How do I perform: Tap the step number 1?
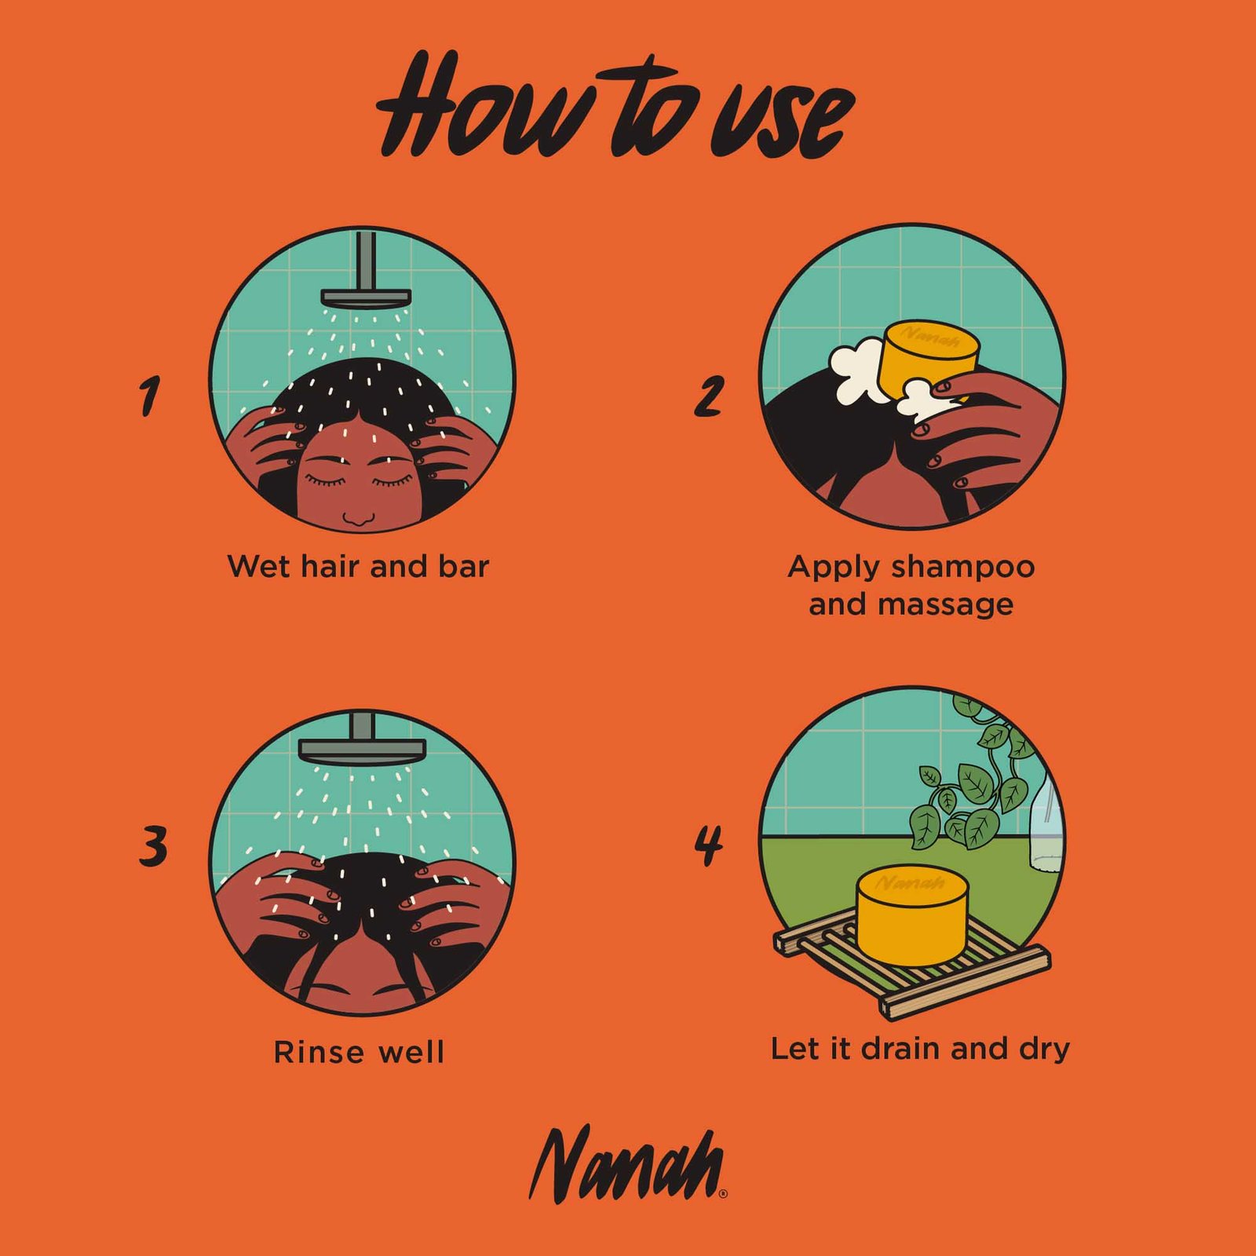(x=149, y=396)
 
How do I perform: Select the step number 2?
(x=708, y=396)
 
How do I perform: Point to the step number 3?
(x=153, y=847)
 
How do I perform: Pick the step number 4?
(x=708, y=845)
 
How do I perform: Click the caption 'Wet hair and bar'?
(x=358, y=566)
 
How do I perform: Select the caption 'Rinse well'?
(x=359, y=1052)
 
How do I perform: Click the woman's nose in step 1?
(x=359, y=519)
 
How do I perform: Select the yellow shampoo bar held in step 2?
(x=929, y=359)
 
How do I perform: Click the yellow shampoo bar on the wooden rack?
(x=913, y=915)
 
